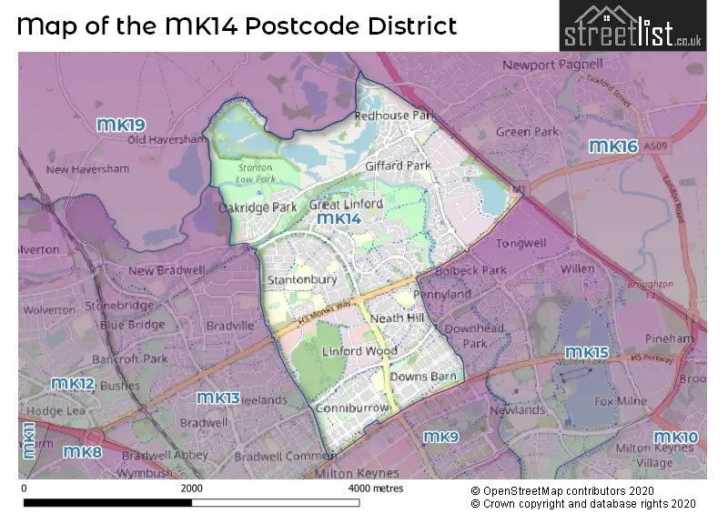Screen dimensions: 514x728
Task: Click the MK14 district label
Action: click(x=339, y=219)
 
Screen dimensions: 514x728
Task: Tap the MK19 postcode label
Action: click(x=122, y=125)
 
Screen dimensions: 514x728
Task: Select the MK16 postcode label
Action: click(x=612, y=146)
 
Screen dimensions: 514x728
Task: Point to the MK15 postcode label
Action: click(x=587, y=352)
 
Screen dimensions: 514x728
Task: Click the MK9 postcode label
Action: click(x=440, y=438)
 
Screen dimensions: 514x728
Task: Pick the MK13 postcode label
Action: click(x=218, y=398)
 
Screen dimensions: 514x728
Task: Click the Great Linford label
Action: click(x=346, y=205)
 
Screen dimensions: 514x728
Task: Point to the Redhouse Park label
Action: click(x=395, y=116)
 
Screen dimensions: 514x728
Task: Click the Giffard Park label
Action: click(x=398, y=166)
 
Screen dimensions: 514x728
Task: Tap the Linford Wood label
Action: click(x=359, y=351)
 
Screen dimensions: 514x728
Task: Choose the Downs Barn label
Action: click(x=417, y=377)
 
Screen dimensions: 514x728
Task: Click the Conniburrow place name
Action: click(x=352, y=409)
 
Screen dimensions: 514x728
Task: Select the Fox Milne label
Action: click(x=619, y=400)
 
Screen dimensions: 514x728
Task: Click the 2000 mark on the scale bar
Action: click(x=191, y=489)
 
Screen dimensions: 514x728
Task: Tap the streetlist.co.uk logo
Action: click(x=632, y=25)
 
